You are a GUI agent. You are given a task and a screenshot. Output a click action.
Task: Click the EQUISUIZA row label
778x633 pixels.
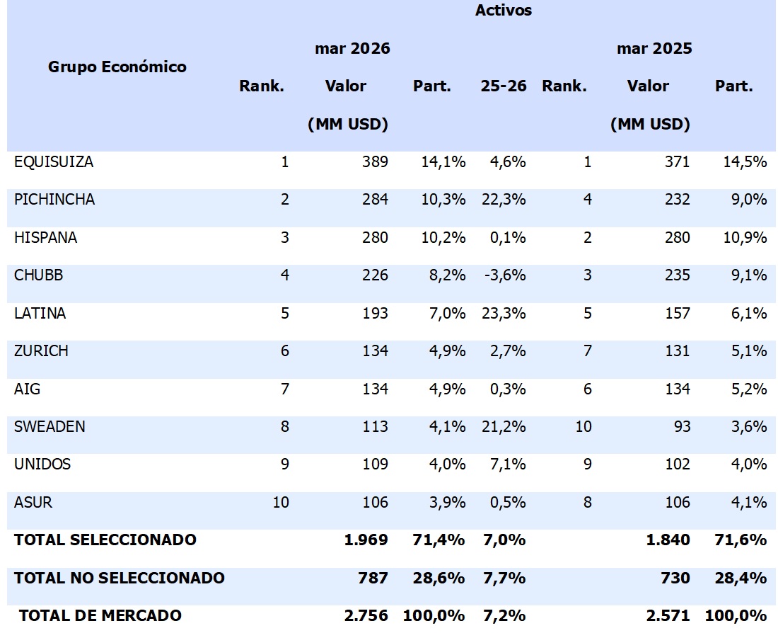[x=54, y=162]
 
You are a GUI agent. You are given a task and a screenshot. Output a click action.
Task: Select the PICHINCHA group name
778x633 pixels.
[x=54, y=200]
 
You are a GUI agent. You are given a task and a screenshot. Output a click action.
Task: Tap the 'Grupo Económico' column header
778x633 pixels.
[x=117, y=67]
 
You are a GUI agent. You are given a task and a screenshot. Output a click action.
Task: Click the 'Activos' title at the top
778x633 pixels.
[x=503, y=11]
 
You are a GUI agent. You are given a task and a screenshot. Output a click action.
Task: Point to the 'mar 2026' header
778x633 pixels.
[x=352, y=49]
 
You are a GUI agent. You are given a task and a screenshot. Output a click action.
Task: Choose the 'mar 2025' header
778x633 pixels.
[x=654, y=49]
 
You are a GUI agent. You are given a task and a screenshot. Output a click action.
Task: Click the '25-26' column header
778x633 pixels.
[x=504, y=86]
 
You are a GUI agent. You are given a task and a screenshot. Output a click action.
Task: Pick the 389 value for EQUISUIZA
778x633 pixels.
[x=375, y=162]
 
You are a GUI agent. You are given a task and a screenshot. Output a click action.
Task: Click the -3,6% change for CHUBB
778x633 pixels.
[x=506, y=275]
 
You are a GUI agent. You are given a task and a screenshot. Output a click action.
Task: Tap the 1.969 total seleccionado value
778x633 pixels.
[x=366, y=540]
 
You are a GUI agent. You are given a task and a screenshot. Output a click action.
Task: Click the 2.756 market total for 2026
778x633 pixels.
[x=366, y=616]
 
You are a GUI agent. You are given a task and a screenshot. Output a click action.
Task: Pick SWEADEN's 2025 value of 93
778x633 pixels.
[x=680, y=427]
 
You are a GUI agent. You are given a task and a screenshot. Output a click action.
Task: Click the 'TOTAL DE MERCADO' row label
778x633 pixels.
[x=100, y=616]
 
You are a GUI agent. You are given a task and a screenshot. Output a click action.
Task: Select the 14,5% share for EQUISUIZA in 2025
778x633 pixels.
[x=749, y=162]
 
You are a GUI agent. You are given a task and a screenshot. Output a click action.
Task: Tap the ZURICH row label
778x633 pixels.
[x=41, y=351]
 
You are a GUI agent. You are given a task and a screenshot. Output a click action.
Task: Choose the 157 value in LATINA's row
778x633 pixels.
[x=677, y=313]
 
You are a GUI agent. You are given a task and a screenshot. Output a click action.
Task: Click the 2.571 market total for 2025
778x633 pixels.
[x=668, y=616]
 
